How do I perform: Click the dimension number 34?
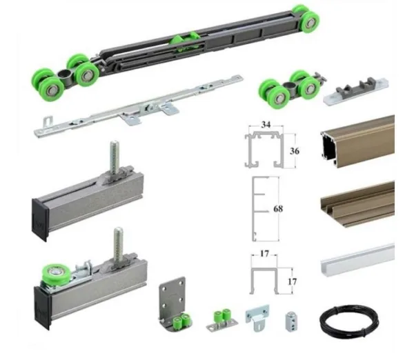(266, 125)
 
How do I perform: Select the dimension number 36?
(295, 151)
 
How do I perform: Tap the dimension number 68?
(278, 209)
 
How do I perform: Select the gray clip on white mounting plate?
(355, 91)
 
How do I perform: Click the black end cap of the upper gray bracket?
(39, 219)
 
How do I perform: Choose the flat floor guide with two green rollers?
(221, 320)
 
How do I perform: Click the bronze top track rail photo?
(357, 142)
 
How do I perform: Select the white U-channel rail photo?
(358, 260)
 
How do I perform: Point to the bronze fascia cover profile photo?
(358, 203)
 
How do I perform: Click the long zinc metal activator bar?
(139, 106)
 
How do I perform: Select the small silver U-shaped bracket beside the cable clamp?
(257, 317)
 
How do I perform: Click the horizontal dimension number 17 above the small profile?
(264, 254)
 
